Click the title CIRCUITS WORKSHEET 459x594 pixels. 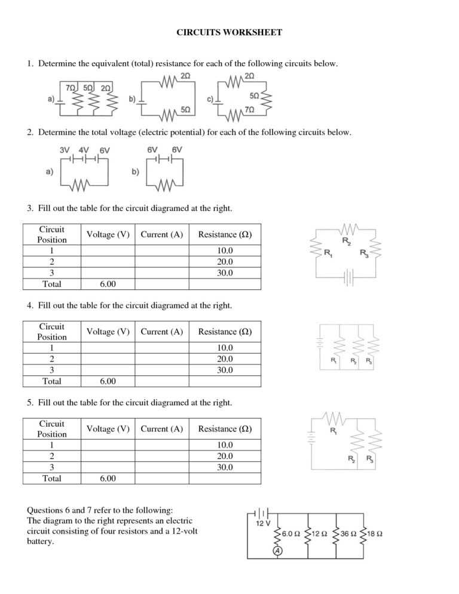click(229, 32)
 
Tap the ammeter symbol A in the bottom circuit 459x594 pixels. click(277, 551)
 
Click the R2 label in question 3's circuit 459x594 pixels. click(346, 241)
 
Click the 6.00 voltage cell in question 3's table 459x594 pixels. click(108, 284)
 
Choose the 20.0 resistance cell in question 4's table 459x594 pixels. click(225, 359)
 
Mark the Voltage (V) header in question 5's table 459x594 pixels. click(108, 428)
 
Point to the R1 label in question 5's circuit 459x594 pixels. click(332, 431)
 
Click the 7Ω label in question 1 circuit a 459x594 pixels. click(71, 88)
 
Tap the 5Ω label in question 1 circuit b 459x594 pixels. click(185, 110)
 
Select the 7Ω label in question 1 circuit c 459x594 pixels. click(249, 110)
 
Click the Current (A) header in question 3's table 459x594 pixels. click(161, 234)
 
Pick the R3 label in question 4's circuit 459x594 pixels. click(369, 362)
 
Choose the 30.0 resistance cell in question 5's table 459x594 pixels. click(225, 467)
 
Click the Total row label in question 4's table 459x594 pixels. click(52, 381)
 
